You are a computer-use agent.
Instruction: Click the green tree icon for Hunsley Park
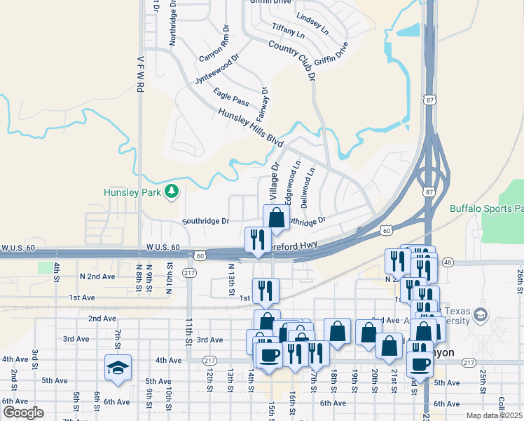(x=171, y=192)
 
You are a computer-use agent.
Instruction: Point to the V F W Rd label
(x=140, y=75)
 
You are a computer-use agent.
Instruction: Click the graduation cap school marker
(x=118, y=367)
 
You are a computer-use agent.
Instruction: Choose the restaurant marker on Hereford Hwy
(x=257, y=239)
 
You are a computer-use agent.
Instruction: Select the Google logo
(x=23, y=412)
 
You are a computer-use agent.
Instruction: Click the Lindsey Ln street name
(x=312, y=22)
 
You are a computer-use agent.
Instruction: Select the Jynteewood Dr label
(x=217, y=69)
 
